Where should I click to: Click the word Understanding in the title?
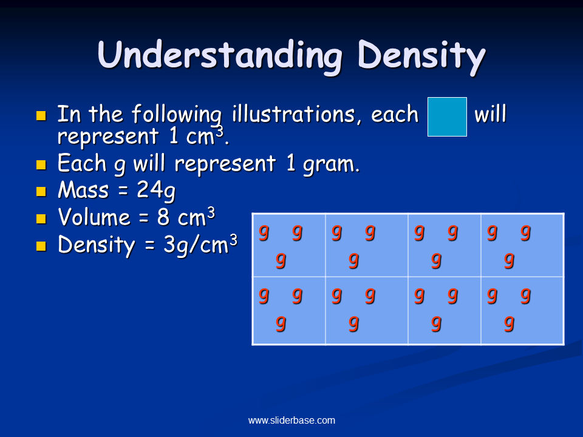click(x=219, y=55)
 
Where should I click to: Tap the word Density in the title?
click(x=421, y=56)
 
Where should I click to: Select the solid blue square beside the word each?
click(x=447, y=117)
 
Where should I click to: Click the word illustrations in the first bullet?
click(x=293, y=113)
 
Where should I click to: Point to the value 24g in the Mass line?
click(x=156, y=191)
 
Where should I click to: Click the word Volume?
click(x=94, y=217)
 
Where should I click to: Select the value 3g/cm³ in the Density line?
click(x=200, y=245)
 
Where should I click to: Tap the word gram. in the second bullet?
click(x=332, y=164)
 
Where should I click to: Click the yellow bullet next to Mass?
click(x=41, y=191)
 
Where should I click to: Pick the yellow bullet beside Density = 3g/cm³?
click(x=41, y=246)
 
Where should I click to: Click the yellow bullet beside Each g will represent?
click(x=41, y=164)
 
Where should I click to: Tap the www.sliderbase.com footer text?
click(x=291, y=420)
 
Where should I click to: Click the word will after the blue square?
click(x=490, y=113)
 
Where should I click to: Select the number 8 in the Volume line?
click(x=163, y=217)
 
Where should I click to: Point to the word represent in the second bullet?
click(x=225, y=164)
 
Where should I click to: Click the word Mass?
click(x=83, y=190)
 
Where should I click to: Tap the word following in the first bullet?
click(x=177, y=115)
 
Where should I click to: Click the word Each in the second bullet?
click(x=82, y=163)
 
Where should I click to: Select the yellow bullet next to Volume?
click(x=41, y=218)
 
